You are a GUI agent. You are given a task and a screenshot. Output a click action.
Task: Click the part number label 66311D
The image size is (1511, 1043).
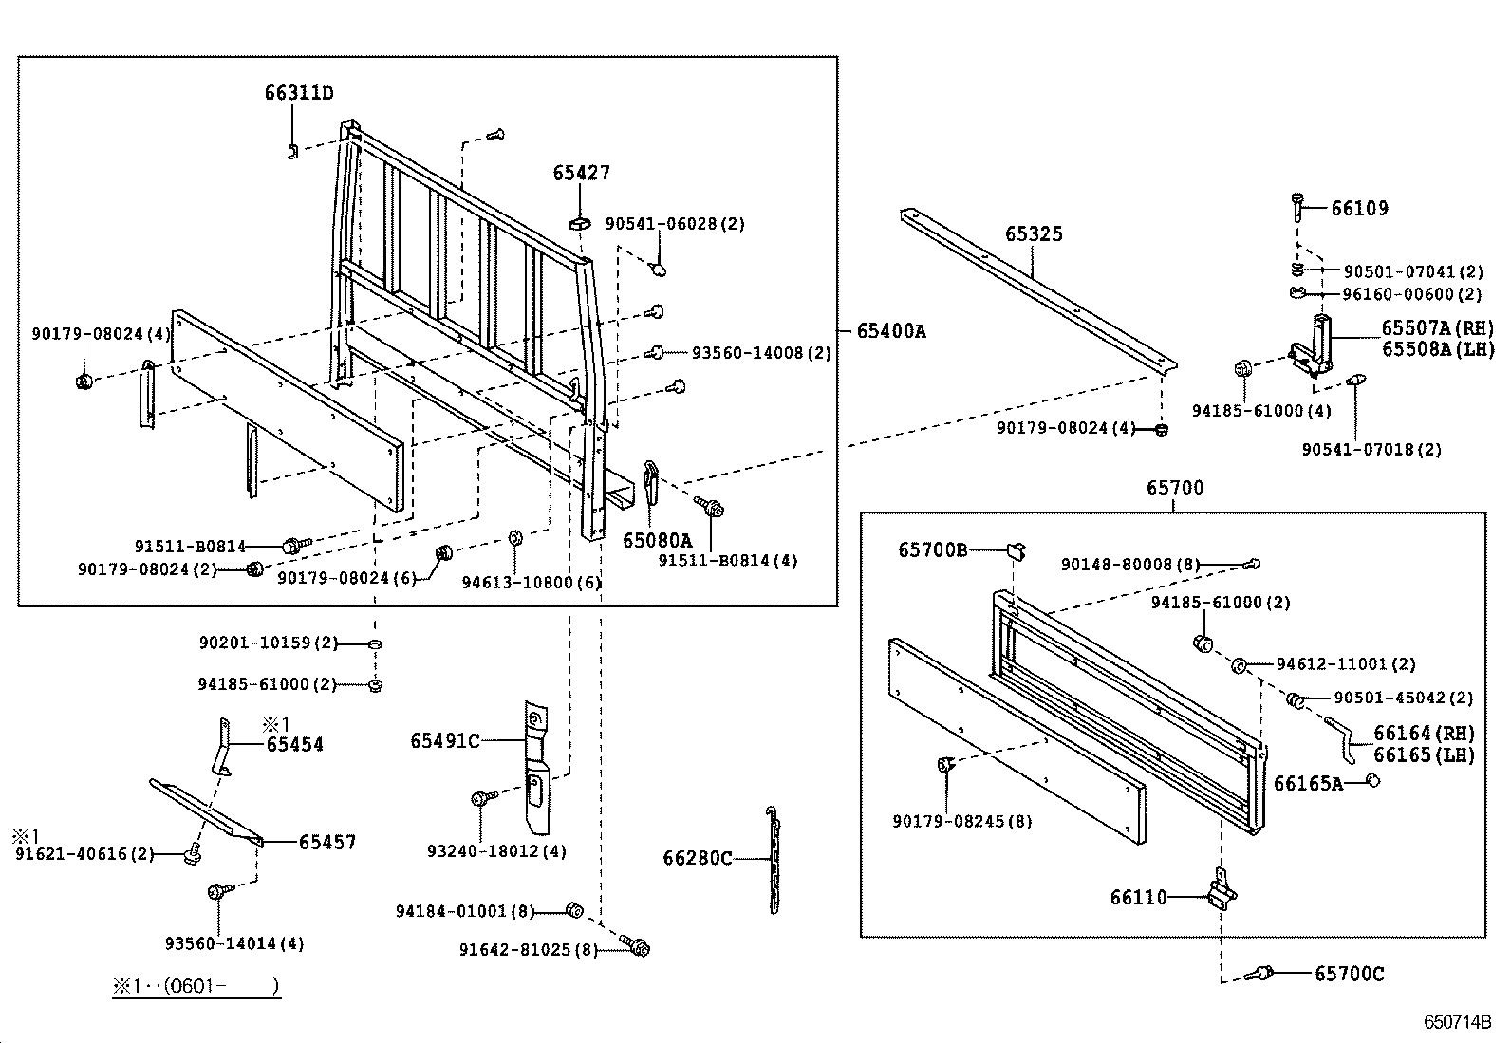pyautogui.click(x=298, y=93)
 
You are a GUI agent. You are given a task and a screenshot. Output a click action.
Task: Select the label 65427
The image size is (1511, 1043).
pyautogui.click(x=581, y=173)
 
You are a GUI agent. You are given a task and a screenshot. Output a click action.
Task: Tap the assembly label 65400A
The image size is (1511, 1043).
pyautogui.click(x=890, y=330)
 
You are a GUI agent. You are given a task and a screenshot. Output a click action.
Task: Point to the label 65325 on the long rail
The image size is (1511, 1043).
pyautogui.click(x=1034, y=233)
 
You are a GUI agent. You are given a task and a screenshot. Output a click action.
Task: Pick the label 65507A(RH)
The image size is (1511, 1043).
pyautogui.click(x=1436, y=328)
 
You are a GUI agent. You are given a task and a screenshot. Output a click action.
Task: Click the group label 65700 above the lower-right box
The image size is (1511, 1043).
pyautogui.click(x=1174, y=488)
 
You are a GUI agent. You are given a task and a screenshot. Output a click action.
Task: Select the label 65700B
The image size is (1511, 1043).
pyautogui.click(x=932, y=549)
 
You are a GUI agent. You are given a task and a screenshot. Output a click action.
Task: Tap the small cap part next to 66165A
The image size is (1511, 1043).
pyautogui.click(x=1371, y=781)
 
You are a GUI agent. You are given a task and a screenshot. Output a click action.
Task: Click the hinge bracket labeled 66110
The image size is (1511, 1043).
pyautogui.click(x=1221, y=893)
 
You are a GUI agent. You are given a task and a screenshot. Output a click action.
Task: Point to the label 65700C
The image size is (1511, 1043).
pyautogui.click(x=1349, y=974)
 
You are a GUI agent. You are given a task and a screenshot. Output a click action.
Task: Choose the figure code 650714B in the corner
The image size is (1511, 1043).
pyautogui.click(x=1457, y=1022)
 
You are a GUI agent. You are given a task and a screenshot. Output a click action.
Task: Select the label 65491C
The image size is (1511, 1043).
pyautogui.click(x=445, y=740)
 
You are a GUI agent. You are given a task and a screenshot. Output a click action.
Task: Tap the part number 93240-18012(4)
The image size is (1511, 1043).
pyautogui.click(x=495, y=851)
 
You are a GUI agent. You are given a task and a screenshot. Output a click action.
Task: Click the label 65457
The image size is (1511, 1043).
pyautogui.click(x=326, y=842)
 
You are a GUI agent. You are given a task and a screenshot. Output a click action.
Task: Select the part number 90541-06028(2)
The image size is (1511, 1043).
pyautogui.click(x=674, y=224)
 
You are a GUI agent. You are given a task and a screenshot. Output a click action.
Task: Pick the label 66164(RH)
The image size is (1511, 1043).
pyautogui.click(x=1424, y=733)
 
